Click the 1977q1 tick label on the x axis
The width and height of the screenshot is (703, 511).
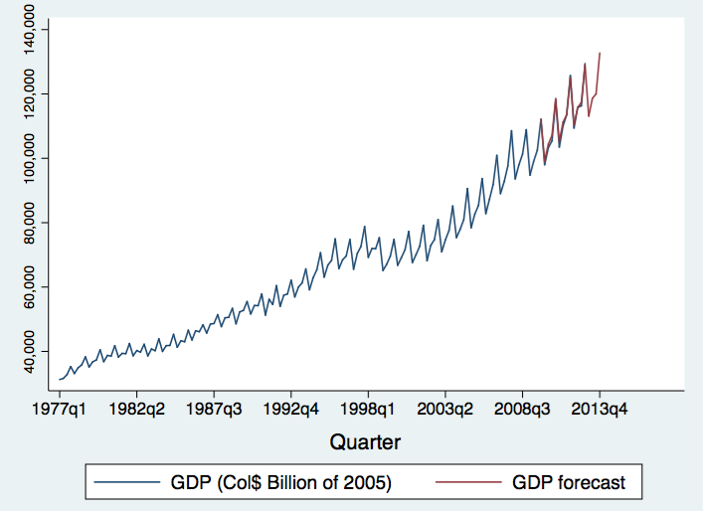tap(60, 408)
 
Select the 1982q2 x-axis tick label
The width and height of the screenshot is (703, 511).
tap(137, 408)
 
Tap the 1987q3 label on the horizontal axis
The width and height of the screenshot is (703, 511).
tap(214, 408)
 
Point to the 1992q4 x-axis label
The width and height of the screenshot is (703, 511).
tap(291, 408)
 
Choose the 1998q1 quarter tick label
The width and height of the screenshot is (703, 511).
tap(369, 408)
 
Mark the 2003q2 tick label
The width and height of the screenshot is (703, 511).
tap(445, 408)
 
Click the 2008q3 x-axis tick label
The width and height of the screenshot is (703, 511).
tap(523, 408)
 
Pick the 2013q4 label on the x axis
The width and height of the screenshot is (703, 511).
tap(600, 408)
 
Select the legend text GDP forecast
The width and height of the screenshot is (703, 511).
tap(569, 483)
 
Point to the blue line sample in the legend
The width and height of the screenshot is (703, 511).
tap(126, 483)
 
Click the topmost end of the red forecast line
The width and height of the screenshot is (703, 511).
tap(601, 53)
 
